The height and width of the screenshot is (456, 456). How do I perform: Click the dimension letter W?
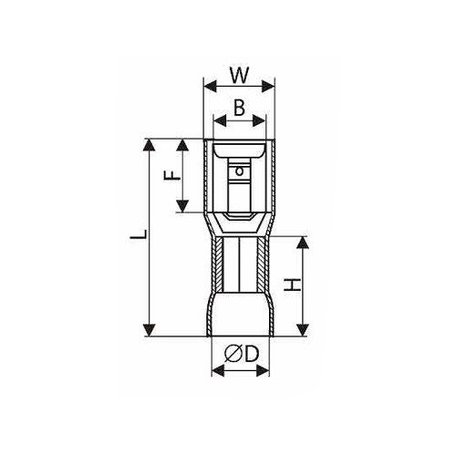[240, 75]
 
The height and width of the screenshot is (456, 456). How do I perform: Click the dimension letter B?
[239, 108]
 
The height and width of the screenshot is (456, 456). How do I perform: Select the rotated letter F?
[172, 175]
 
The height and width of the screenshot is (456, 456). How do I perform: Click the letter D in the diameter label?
[252, 354]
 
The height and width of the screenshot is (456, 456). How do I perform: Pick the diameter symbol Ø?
[234, 354]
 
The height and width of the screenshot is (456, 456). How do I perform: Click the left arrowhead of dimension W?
[211, 87]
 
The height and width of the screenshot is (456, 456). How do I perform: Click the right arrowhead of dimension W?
[267, 87]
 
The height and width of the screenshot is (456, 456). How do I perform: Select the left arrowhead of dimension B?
[221, 121]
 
